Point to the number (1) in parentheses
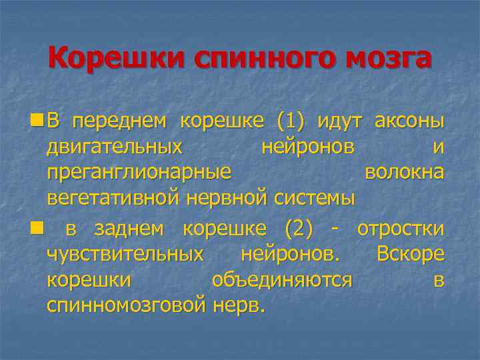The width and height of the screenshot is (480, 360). (289, 122)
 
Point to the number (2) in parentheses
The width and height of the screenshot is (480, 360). (299, 229)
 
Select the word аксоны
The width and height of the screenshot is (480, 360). (409, 122)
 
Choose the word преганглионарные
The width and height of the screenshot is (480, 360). (139, 173)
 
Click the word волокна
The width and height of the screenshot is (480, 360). (404, 172)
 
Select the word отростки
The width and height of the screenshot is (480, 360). (401, 229)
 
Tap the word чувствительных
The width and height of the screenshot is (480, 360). (125, 255)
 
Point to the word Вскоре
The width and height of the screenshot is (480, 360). (410, 255)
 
